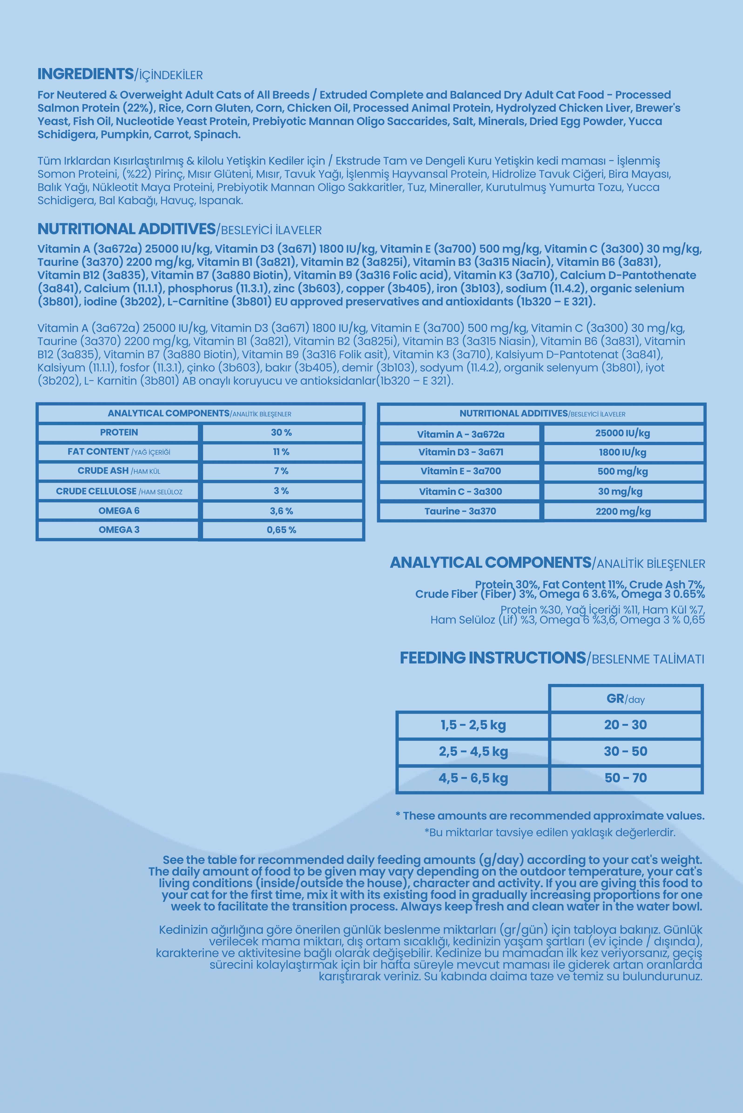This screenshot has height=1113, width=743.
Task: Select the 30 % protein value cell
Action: (281, 433)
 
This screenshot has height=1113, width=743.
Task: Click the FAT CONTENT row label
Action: (118, 452)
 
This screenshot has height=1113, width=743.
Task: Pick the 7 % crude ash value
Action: (281, 471)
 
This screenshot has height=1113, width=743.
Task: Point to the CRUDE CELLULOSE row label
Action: (118, 491)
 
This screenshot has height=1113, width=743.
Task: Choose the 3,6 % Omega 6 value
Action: (281, 511)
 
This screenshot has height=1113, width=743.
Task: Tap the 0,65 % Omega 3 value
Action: (281, 530)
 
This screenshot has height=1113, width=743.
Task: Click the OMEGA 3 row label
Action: (118, 530)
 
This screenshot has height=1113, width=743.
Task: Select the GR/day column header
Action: (625, 699)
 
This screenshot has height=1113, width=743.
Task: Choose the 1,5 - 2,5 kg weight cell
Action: (473, 725)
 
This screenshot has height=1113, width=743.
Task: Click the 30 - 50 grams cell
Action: (625, 751)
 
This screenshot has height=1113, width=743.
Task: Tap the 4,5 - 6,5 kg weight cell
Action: (473, 778)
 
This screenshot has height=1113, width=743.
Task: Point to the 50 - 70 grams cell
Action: (625, 778)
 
